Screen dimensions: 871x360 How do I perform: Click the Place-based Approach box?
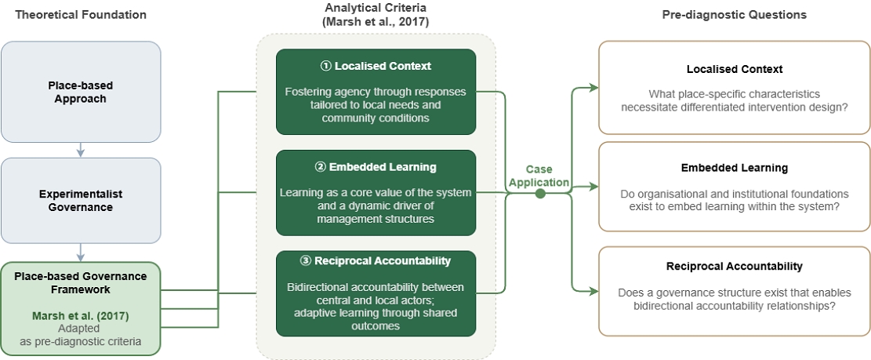81,92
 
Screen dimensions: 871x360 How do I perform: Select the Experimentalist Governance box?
81,201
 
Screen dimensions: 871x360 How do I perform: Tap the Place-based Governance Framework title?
81,283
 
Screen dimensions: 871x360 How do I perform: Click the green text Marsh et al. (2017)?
81,316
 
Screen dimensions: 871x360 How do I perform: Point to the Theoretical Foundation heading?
81,15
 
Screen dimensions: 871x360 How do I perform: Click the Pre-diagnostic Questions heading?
735,15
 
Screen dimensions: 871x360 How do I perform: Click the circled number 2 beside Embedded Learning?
321,167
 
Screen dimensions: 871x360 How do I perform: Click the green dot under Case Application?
540,193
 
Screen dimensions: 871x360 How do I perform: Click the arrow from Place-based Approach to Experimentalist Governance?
81,150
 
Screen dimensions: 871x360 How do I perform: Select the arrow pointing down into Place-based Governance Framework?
81,253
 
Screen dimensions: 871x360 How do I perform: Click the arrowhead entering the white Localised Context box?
594,87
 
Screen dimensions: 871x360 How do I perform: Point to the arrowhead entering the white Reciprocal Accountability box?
594,291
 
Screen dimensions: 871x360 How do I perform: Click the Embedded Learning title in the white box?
735,168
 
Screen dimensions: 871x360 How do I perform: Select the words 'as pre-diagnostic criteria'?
81,341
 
